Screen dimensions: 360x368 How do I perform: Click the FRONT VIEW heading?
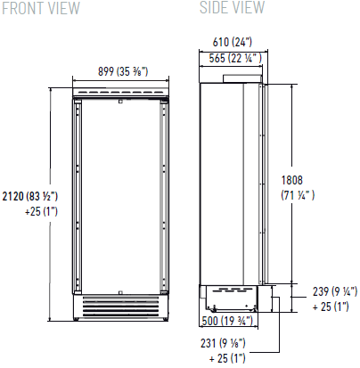coord(41,8)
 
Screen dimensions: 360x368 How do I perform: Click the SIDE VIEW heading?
coord(232,7)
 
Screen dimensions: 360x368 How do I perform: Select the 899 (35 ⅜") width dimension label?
coord(123,71)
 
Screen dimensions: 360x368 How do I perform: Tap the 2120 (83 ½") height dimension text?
coord(30,196)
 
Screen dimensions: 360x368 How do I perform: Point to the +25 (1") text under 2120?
coord(41,211)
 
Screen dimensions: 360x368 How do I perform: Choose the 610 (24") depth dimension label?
coord(233,42)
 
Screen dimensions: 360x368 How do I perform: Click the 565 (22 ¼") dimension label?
coord(235,58)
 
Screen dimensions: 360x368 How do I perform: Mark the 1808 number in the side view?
coord(292,180)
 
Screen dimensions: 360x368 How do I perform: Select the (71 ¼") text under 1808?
coord(298,195)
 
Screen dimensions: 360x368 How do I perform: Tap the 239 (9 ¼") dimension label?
coord(335,291)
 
